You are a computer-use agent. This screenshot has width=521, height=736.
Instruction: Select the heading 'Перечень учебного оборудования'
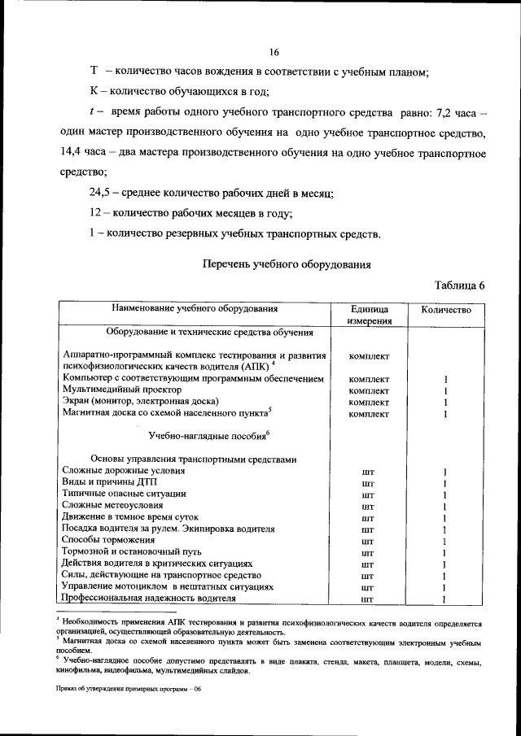(x=286, y=263)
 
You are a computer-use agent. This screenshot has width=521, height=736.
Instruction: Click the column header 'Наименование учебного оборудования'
(x=195, y=309)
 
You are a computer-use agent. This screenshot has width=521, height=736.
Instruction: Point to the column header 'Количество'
(x=445, y=310)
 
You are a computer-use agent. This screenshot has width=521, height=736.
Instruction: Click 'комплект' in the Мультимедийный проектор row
(x=369, y=391)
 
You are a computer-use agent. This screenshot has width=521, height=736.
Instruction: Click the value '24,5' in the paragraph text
(x=103, y=193)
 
